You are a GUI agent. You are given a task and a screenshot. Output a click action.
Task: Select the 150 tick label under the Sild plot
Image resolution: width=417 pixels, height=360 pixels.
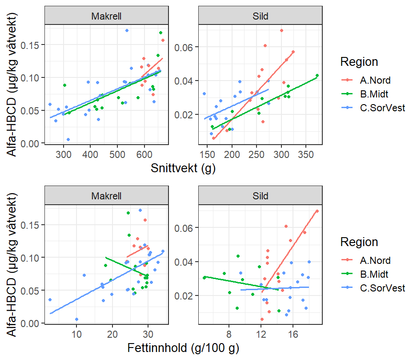point(206,154)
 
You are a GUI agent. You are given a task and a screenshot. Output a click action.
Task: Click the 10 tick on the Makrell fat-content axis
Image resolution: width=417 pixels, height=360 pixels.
point(76,334)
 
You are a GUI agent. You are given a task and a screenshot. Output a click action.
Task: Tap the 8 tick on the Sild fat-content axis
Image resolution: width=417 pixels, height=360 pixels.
point(229,334)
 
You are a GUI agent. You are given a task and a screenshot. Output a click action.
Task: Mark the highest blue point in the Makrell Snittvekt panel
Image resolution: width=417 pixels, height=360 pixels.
point(127,31)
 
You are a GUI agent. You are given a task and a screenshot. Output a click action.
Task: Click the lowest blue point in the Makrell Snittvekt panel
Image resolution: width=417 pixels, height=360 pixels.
point(68,139)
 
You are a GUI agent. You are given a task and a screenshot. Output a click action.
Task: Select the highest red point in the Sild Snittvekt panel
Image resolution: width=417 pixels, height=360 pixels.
point(281,31)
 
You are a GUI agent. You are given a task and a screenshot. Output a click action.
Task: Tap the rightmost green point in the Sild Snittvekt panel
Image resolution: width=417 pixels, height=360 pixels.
point(317,76)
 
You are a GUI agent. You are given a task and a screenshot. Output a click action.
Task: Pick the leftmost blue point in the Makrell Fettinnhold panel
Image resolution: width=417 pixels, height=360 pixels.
point(50,300)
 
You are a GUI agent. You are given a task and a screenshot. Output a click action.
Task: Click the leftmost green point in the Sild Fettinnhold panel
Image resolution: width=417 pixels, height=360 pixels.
point(204,278)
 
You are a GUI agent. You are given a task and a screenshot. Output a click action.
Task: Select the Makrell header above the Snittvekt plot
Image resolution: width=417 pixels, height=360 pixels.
point(107,16)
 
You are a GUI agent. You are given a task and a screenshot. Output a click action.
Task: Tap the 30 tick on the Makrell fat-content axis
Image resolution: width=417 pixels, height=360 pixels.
point(148,334)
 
